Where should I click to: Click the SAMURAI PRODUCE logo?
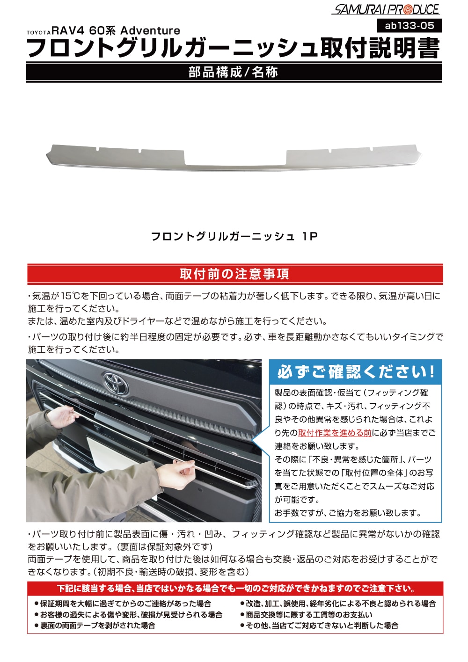(x=386, y=9)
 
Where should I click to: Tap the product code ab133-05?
(x=409, y=25)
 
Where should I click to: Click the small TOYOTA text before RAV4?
(x=38, y=32)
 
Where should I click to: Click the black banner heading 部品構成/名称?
(x=234, y=72)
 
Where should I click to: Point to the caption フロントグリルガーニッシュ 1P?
(x=234, y=236)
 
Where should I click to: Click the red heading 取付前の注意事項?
(x=234, y=274)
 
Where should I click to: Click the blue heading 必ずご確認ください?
(x=356, y=372)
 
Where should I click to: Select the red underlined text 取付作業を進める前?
(x=335, y=433)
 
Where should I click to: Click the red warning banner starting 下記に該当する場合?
(x=235, y=589)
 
